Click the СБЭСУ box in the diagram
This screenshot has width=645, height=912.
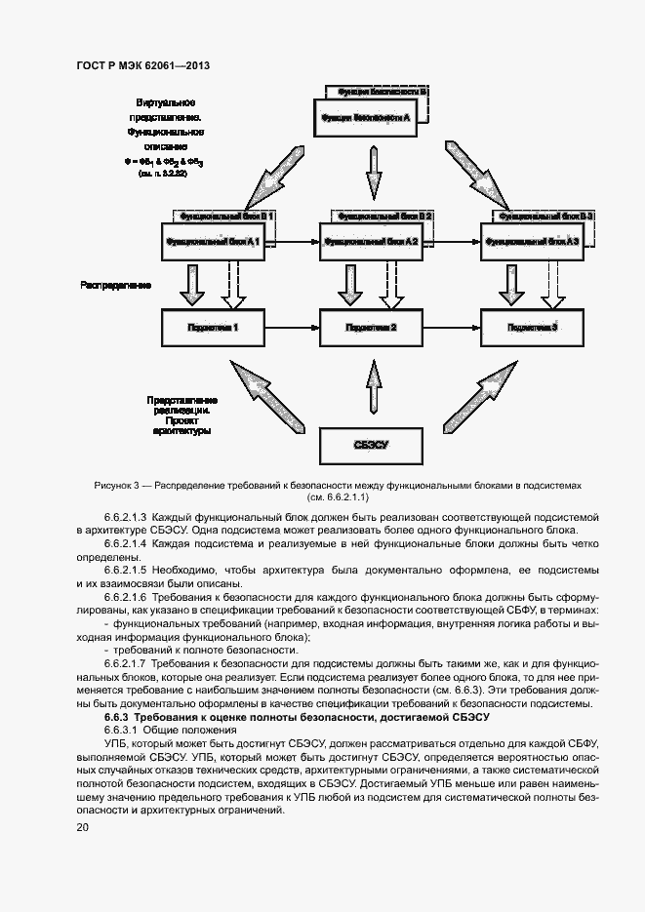tap(372, 445)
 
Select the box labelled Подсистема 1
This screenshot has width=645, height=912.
tap(212, 327)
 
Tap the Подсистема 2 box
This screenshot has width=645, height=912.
tap(372, 327)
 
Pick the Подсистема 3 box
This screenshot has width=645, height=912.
tap(532, 327)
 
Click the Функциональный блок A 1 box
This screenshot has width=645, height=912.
tap(212, 241)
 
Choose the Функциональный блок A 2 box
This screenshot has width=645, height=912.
tap(372, 241)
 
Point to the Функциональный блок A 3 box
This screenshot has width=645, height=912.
tap(532, 241)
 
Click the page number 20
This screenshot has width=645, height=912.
tap(83, 827)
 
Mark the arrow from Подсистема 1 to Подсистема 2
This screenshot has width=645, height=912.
tap(292, 327)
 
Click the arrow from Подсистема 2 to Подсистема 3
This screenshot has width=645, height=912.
tap(452, 327)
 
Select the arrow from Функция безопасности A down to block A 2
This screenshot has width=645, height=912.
tap(372, 174)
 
